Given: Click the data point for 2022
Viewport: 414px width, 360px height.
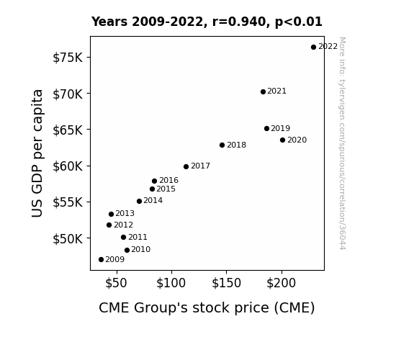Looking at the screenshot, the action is pos(313,48).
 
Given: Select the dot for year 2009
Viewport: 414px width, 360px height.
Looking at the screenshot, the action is pos(101,260).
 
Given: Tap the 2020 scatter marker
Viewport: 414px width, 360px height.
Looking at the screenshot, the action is pos(282,140).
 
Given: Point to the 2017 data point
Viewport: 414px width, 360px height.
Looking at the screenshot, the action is pos(186,166).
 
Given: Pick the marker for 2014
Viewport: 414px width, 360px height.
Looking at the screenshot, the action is pos(140,202).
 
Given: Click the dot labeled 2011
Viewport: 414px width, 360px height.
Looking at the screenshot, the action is pos(123,238).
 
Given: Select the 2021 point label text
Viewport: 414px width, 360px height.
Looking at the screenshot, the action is pos(276,91).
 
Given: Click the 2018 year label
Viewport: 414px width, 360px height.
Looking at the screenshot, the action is pos(237,145).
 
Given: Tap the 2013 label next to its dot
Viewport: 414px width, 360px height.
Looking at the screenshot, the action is pos(125,213).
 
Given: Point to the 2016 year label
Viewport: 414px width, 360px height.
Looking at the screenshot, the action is pos(169,181).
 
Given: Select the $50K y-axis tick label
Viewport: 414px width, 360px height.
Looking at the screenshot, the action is pos(68,239).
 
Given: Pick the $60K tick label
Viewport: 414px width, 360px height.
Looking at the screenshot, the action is pos(68,166).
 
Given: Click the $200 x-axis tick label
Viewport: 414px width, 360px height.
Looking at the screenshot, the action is pos(282,283).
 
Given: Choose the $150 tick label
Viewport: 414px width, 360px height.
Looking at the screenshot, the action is pos(226,283).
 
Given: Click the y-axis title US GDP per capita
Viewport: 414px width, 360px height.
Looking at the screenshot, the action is pos(37,153).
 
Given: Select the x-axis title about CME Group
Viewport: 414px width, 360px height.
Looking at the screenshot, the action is pos(207,308).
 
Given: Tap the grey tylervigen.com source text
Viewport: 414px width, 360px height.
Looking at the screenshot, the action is pos(342,143).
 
